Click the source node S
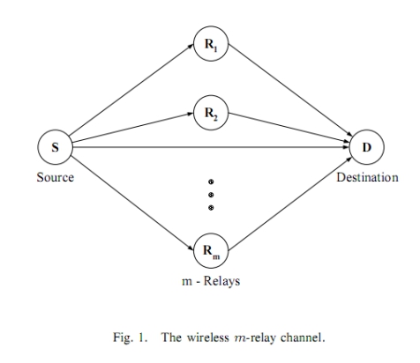pyautogui.click(x=55, y=147)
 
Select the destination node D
pyautogui.click(x=366, y=147)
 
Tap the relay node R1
pyautogui.click(x=211, y=43)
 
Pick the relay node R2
pyautogui.click(x=211, y=113)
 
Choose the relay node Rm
pyautogui.click(x=211, y=250)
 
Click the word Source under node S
pyautogui.click(x=56, y=177)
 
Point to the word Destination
pyautogui.click(x=367, y=177)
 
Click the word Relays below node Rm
pyautogui.click(x=221, y=281)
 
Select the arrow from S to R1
pyautogui.click(x=131, y=89)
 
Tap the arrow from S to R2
pyautogui.click(x=132, y=128)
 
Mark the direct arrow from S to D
pyautogui.click(x=211, y=147)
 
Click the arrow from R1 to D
pyautogui.click(x=290, y=90)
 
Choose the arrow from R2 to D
pyautogui.click(x=289, y=128)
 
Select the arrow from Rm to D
pyautogui.click(x=290, y=204)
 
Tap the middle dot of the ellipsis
pyautogui.click(x=211, y=195)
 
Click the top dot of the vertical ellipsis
pyautogui.click(x=211, y=181)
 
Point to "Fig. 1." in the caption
pyautogui.click(x=130, y=337)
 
